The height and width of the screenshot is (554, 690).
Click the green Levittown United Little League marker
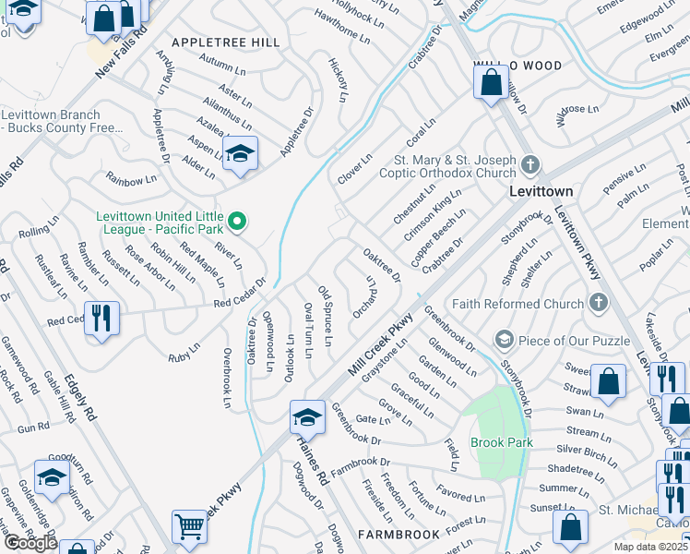click(237, 221)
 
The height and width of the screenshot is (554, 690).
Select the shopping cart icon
click(190, 526)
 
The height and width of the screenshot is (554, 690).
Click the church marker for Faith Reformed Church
click(598, 303)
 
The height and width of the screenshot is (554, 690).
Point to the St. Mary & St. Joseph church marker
click(529, 164)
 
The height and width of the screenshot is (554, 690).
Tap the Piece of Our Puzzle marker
click(504, 340)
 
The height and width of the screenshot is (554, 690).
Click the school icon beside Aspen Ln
click(240, 153)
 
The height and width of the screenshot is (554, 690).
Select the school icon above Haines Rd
click(307, 417)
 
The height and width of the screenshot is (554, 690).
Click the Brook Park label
click(502, 443)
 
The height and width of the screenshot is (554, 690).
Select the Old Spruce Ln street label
click(325, 318)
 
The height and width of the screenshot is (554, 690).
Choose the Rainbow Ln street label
click(131, 180)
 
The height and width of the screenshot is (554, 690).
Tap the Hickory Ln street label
click(339, 78)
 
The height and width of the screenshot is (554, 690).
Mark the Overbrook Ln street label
click(226, 378)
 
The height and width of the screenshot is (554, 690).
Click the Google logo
click(30, 542)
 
